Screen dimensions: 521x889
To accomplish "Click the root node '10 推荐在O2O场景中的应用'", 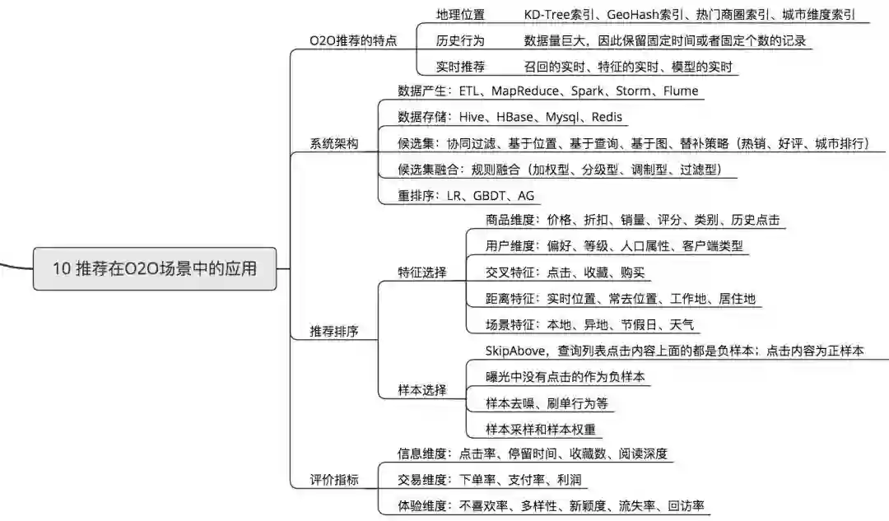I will click(x=155, y=268).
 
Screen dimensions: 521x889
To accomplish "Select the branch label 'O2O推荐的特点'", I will click(x=352, y=40).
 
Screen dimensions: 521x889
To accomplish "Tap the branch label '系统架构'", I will click(x=334, y=143).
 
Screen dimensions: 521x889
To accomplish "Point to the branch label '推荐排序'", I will click(x=334, y=331).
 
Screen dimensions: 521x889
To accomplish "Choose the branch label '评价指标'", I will click(x=334, y=480).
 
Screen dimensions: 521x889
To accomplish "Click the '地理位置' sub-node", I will click(x=460, y=15).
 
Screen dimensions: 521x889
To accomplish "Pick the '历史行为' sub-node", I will click(x=460, y=40).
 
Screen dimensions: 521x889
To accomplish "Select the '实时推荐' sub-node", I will click(x=460, y=67).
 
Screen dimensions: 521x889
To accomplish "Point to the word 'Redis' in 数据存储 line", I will click(x=606, y=117).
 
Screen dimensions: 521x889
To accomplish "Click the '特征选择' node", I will click(x=422, y=272).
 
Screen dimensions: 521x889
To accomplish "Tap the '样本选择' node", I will click(x=422, y=390).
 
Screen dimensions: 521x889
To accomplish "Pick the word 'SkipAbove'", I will click(x=518, y=351).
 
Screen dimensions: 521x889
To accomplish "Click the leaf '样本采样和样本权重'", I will click(x=542, y=429).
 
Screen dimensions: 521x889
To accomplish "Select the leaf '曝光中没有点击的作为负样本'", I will click(x=566, y=377).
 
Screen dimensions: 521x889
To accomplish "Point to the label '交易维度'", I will click(x=422, y=480).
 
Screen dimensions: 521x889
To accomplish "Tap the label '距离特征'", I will click(x=510, y=299).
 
